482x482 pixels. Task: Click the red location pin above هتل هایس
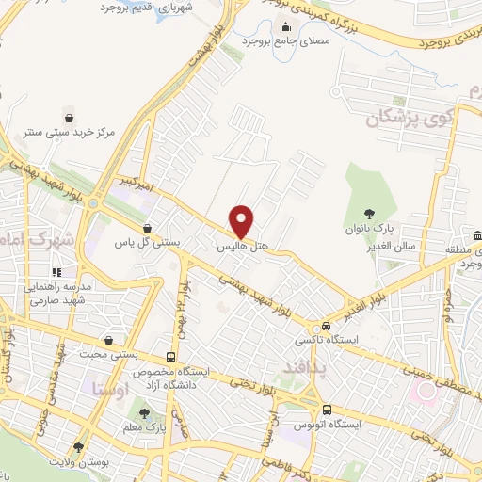[242, 221]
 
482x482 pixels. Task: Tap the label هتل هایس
[244, 247]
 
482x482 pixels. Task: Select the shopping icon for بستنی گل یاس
[147, 228]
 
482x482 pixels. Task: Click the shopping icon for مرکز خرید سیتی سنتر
[71, 118]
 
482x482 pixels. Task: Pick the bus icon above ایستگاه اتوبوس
[327, 410]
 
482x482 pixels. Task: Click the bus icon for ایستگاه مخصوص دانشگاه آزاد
[170, 357]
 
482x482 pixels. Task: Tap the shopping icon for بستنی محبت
[111, 340]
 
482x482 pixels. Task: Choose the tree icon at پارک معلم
[143, 412]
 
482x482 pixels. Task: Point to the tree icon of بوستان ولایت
[78, 447]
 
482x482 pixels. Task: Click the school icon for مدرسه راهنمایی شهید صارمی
[56, 272]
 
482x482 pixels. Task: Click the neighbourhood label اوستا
[104, 388]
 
